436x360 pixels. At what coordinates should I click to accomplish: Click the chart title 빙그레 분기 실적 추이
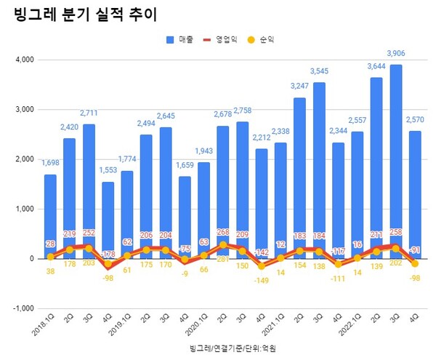(x=86, y=14)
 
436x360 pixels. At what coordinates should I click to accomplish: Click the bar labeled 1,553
(x=108, y=218)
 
